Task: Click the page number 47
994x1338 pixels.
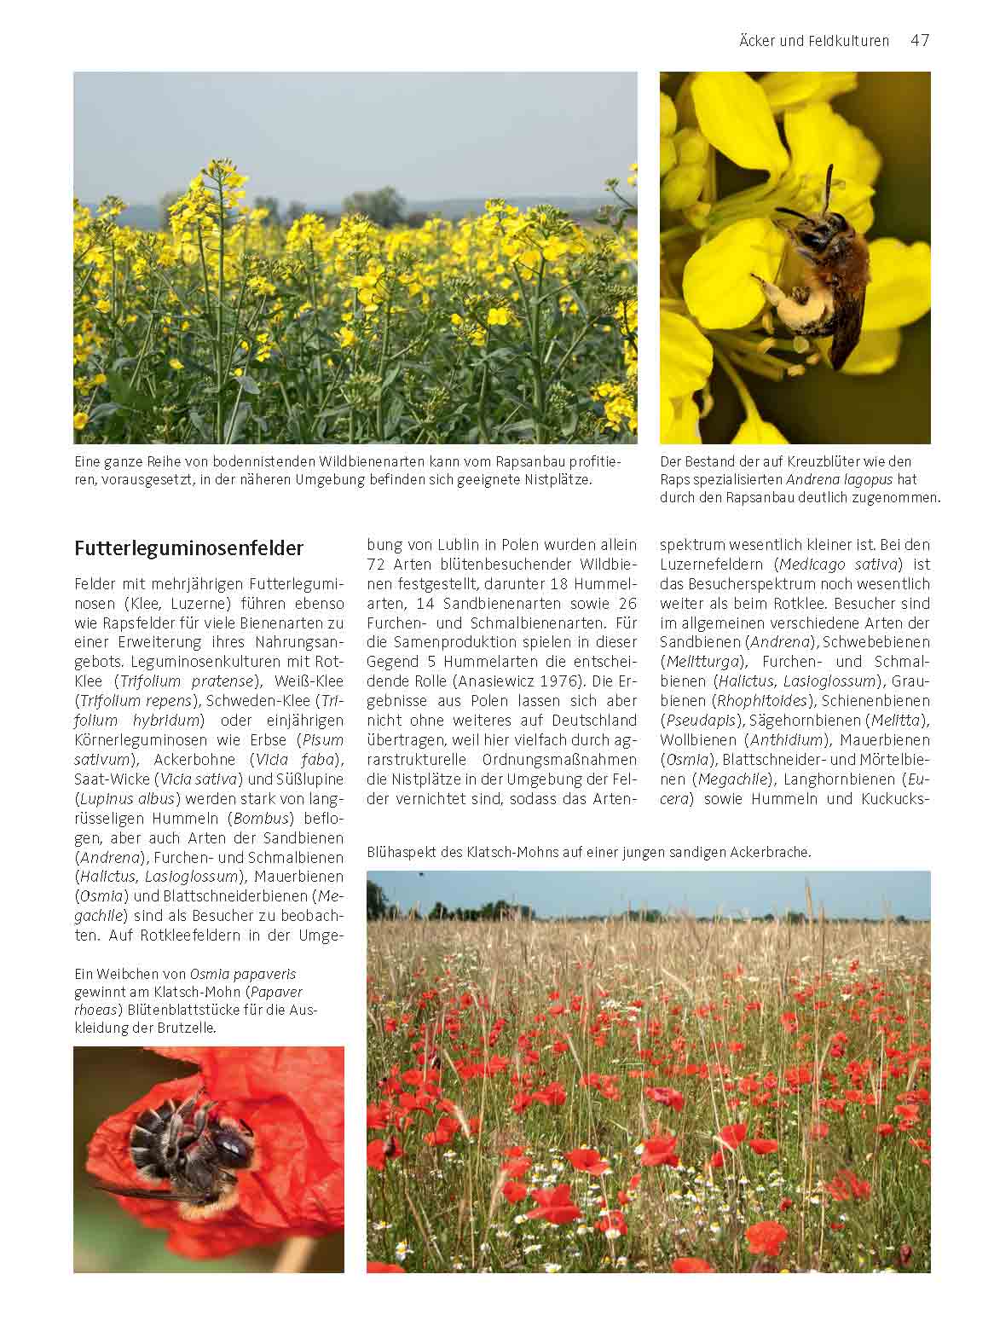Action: (x=919, y=40)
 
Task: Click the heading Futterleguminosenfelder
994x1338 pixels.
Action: (x=188, y=547)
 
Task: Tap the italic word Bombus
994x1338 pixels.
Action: (x=266, y=818)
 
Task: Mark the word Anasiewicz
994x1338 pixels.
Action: (x=490, y=681)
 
